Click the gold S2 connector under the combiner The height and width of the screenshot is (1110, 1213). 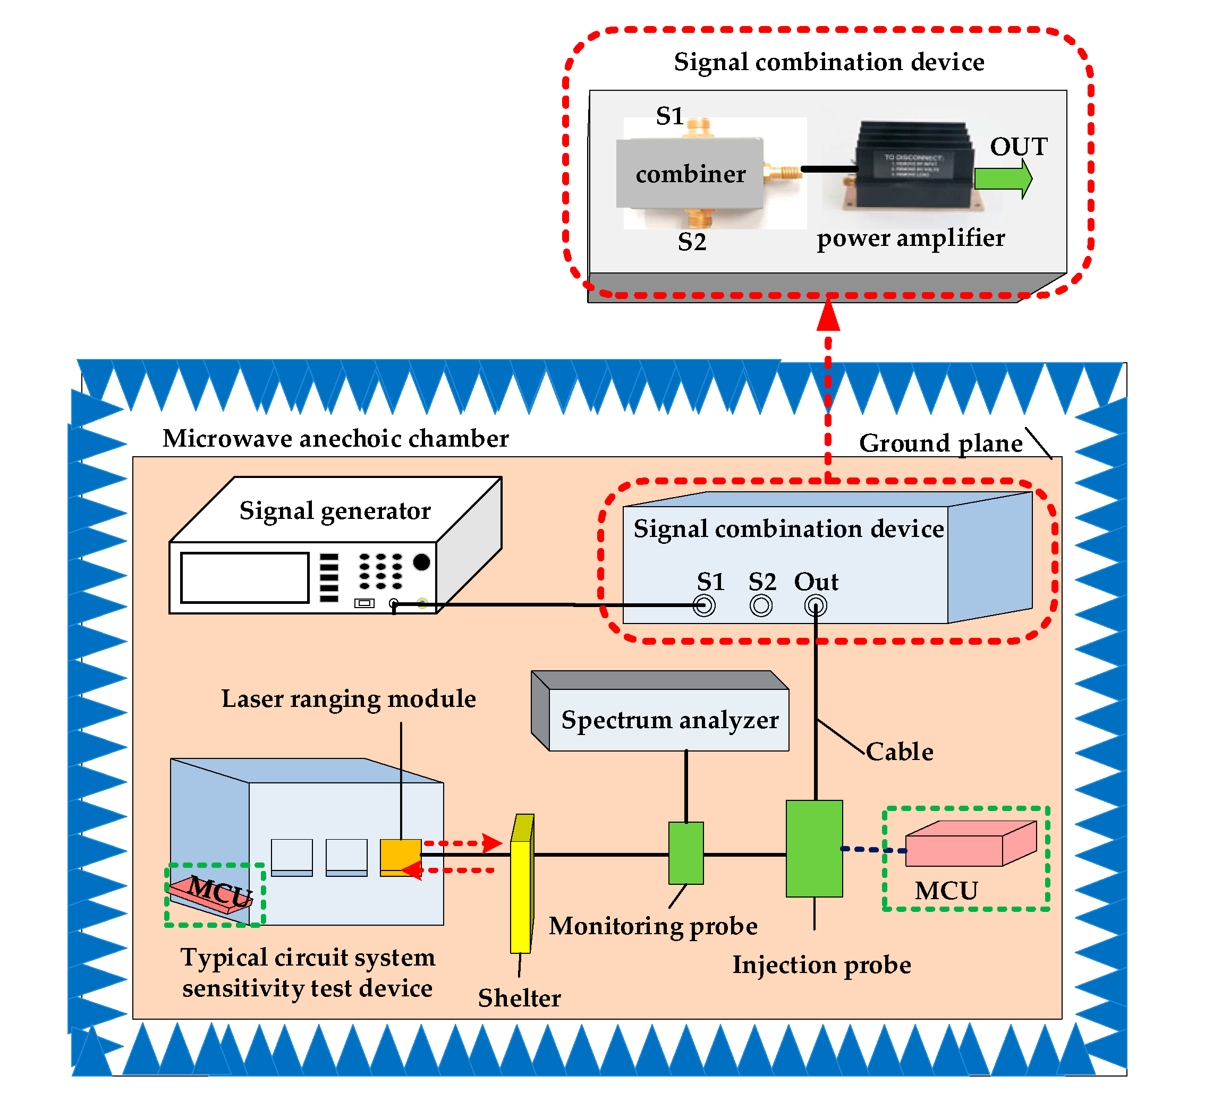coord(703,218)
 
